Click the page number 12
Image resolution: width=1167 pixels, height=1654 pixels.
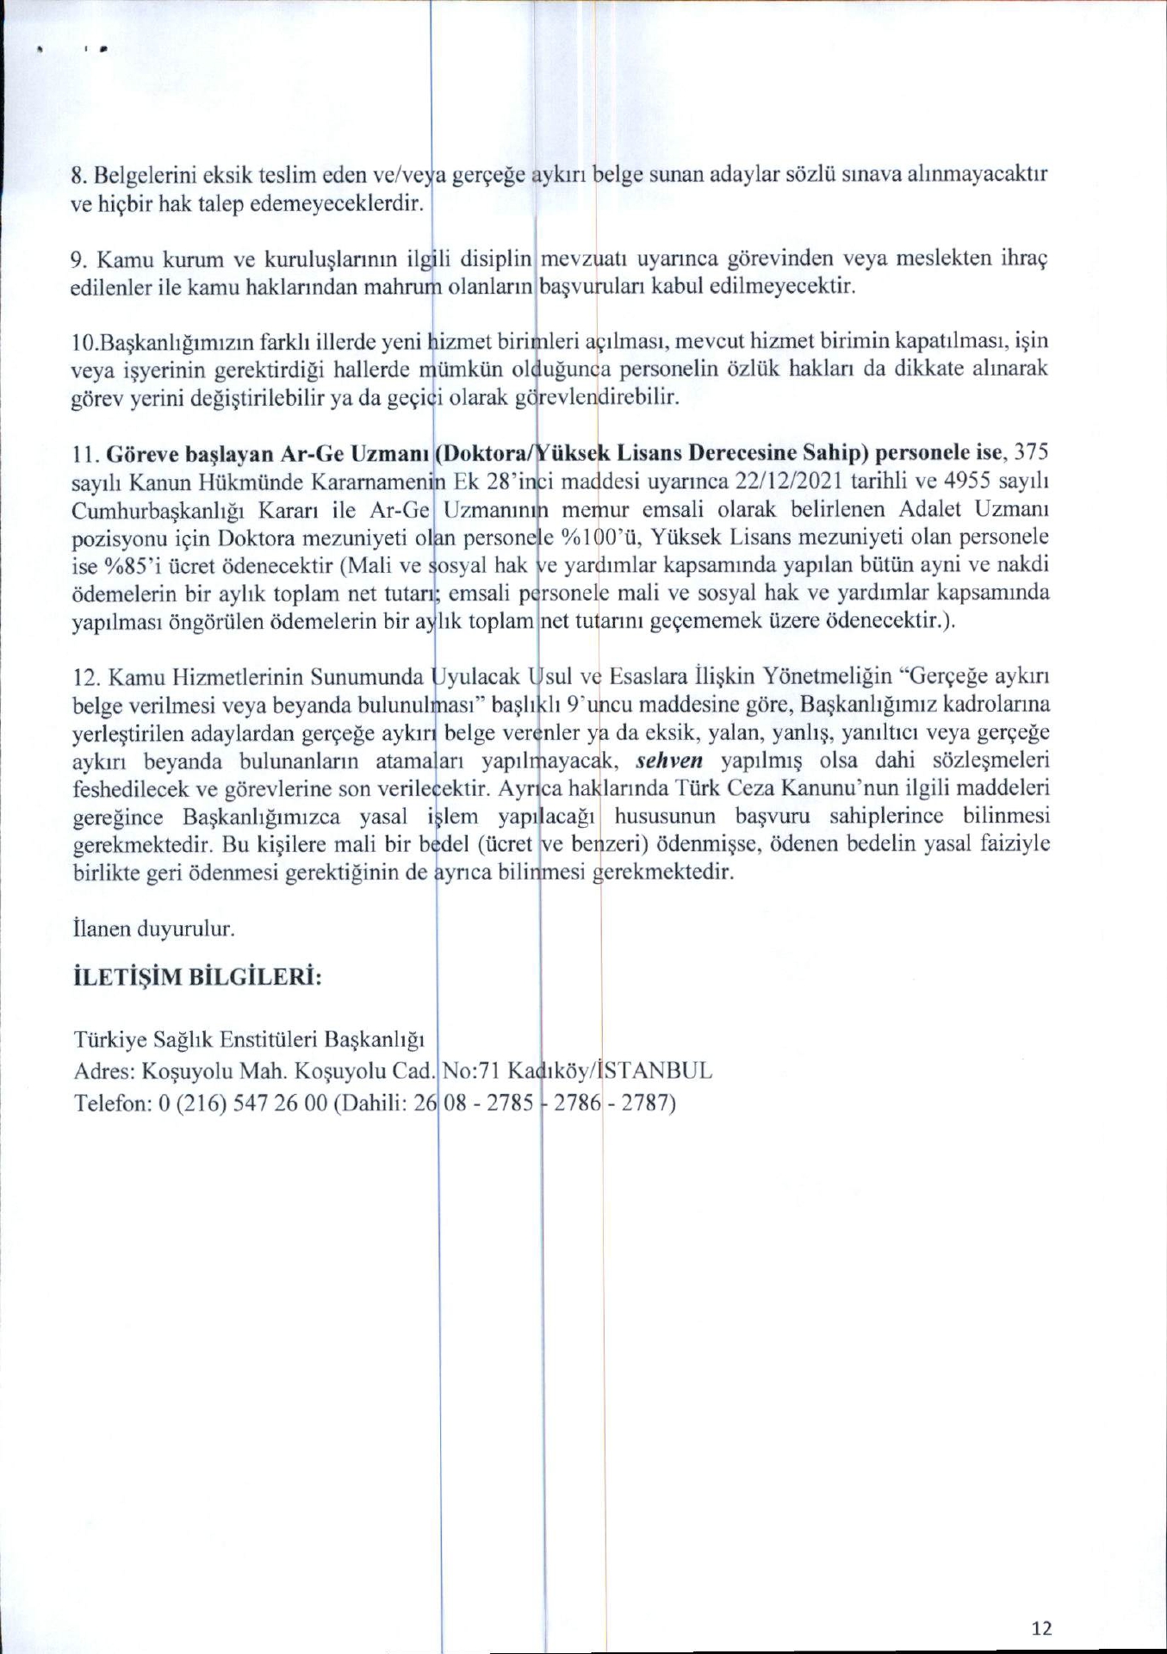1041,1627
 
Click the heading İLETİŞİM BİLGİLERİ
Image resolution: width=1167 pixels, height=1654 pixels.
198,979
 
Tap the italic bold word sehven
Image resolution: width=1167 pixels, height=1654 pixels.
669,762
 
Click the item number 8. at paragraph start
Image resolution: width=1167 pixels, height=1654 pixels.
79,176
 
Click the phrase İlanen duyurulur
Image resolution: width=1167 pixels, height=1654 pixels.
154,929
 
